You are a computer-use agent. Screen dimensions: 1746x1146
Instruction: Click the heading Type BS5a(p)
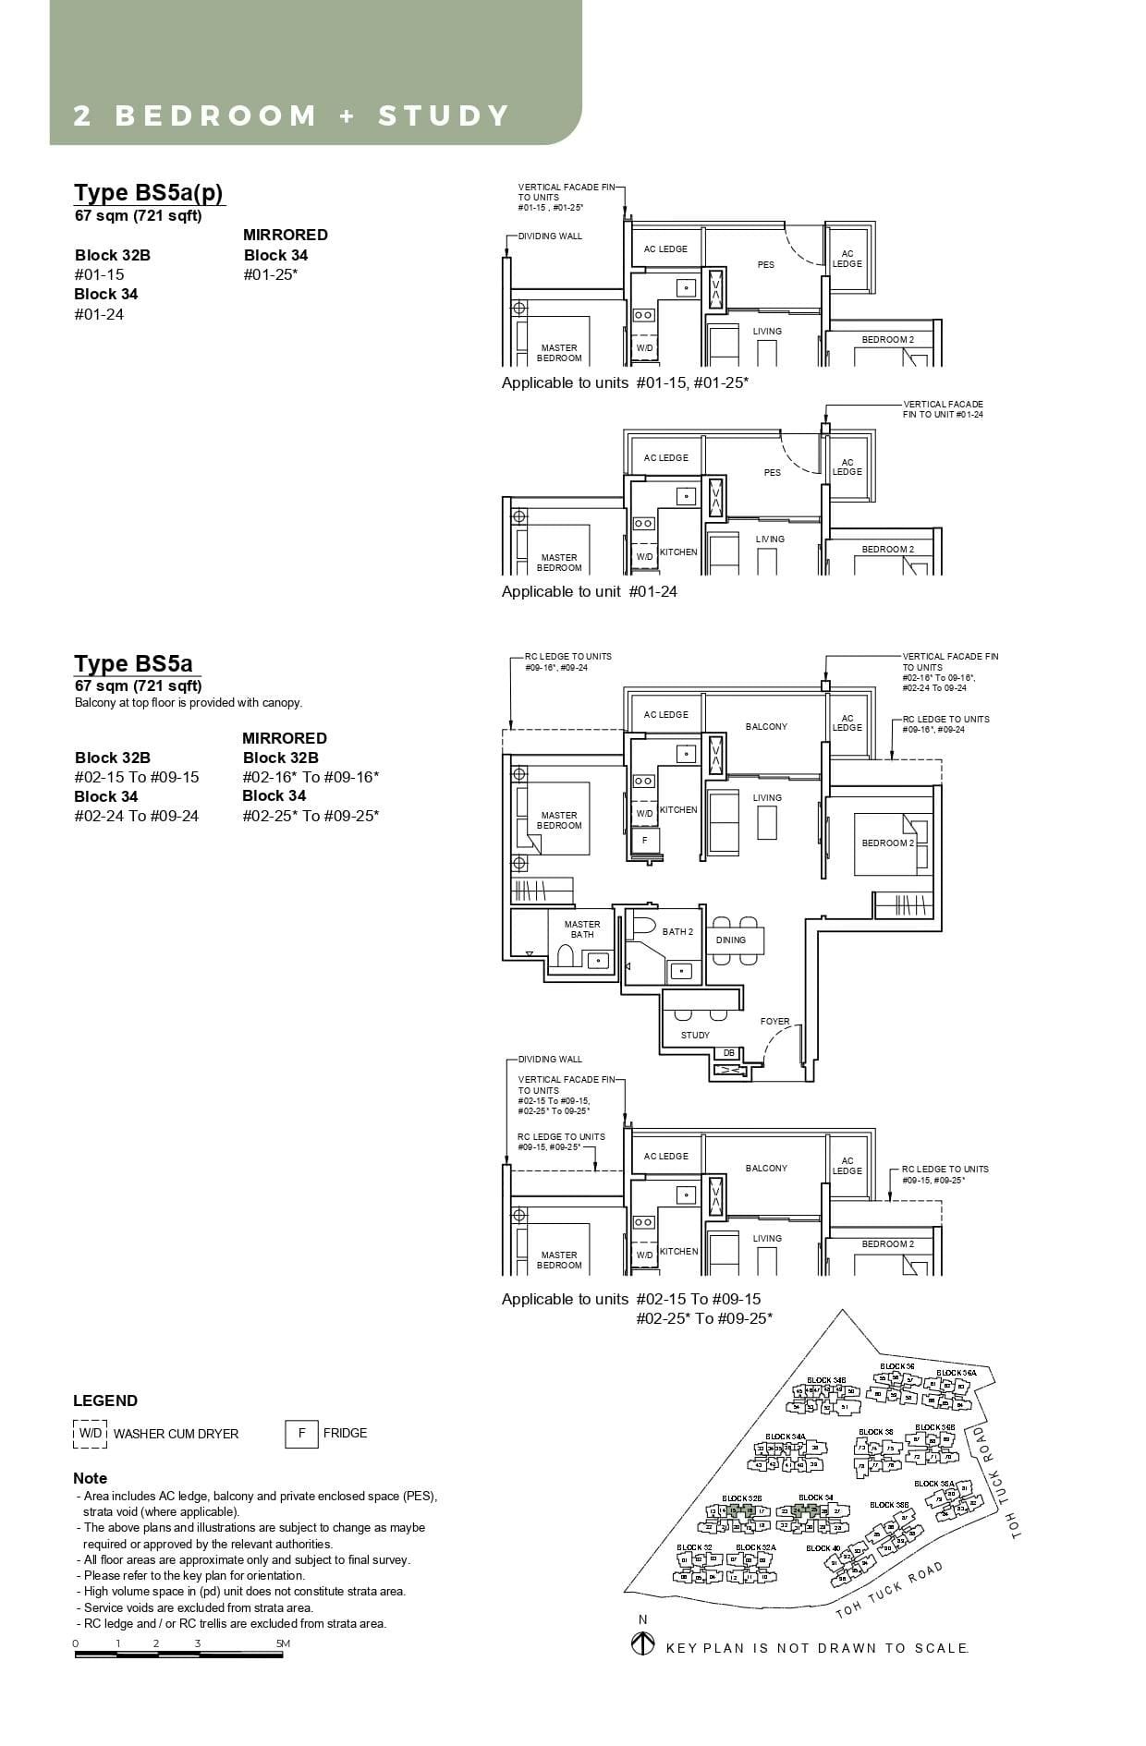149,193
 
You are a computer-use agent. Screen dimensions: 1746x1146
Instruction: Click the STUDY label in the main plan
695,1035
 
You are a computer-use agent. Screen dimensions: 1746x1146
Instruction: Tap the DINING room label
730,940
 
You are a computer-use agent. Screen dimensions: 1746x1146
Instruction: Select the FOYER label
774,1022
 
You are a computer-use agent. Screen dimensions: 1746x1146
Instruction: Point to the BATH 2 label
677,932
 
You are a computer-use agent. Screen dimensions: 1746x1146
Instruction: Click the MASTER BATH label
582,929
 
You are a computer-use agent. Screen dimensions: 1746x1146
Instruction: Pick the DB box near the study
728,1053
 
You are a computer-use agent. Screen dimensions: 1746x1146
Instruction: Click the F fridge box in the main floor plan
645,841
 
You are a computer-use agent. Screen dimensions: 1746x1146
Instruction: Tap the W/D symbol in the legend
90,1434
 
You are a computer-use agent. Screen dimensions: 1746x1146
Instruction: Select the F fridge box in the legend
301,1434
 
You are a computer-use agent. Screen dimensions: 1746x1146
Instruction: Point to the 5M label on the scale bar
283,1643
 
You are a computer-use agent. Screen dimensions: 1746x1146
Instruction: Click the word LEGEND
105,1400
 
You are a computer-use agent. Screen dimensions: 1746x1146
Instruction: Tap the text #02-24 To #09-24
137,816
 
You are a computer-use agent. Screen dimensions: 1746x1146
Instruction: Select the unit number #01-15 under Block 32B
99,274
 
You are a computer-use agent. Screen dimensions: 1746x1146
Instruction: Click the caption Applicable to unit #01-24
589,591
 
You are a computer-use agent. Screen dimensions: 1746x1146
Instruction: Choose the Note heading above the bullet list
90,1478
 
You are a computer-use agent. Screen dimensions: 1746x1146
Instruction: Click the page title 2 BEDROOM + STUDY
291,115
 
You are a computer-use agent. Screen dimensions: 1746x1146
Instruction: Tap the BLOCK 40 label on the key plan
823,1548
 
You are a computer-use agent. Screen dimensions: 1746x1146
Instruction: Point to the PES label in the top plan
766,265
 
